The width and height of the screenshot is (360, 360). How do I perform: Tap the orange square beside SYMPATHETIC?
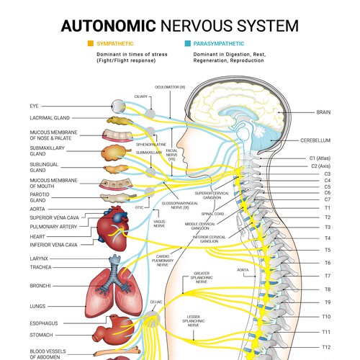[90, 44]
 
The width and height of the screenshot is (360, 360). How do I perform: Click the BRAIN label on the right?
[323, 112]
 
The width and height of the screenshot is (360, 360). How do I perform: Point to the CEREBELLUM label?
[316, 140]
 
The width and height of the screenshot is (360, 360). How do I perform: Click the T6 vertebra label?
[326, 263]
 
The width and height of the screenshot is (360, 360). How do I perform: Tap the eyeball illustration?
[115, 105]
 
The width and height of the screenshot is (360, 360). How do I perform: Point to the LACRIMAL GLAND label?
[50, 117]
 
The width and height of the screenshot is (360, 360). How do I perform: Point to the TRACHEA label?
[40, 266]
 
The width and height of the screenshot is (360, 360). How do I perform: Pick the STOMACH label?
[43, 334]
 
